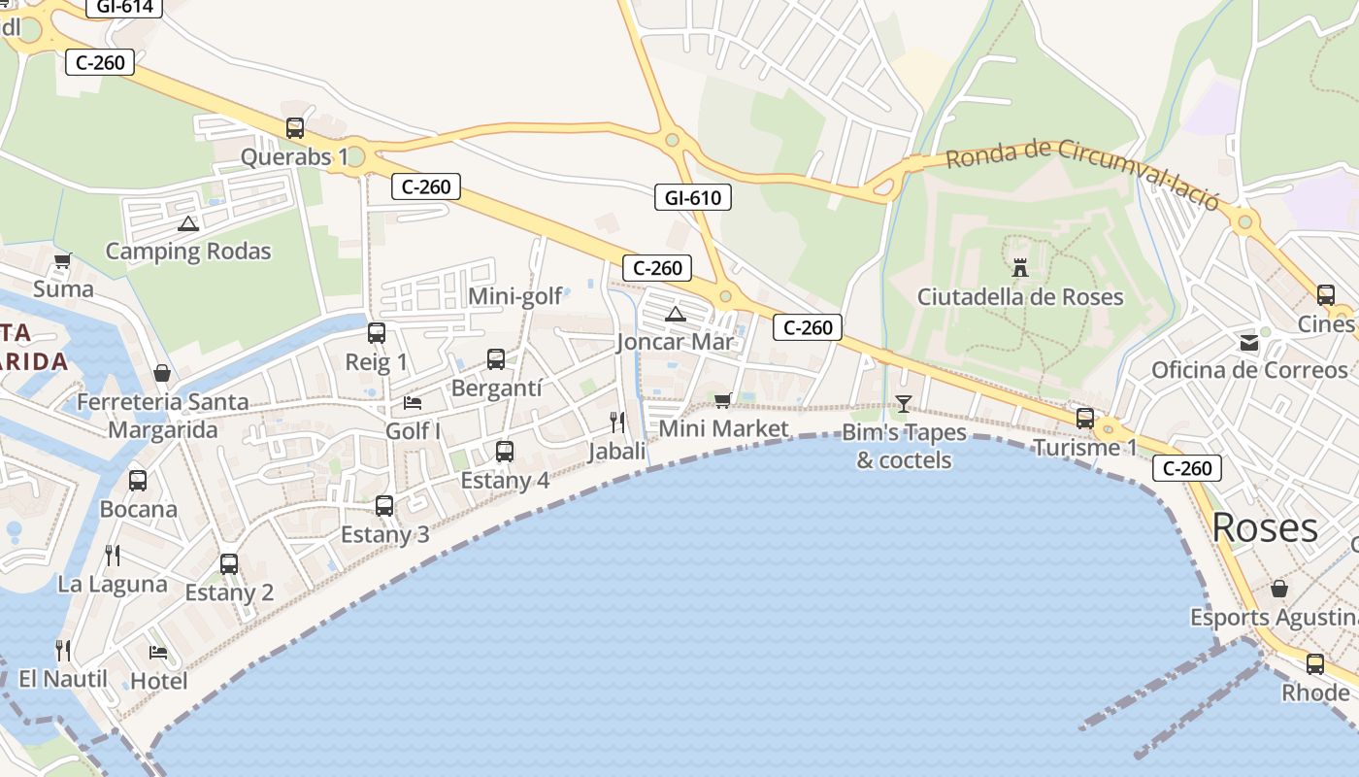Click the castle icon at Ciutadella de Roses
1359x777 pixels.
tap(1019, 267)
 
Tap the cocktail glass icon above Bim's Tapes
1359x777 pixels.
tap(904, 403)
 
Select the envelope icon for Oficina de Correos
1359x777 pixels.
tap(1248, 342)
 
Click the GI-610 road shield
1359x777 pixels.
tap(692, 198)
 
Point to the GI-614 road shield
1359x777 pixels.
tap(124, 8)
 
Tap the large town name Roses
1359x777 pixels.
tap(1265, 527)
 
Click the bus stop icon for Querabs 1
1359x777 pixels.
tap(295, 127)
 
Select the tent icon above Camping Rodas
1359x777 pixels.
tap(188, 223)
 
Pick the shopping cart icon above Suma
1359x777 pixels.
tap(63, 260)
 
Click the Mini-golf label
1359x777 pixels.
tap(514, 296)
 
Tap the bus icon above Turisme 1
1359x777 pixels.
tap(1085, 419)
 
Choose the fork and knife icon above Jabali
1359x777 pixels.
tap(616, 422)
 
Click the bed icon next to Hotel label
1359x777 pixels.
tap(158, 652)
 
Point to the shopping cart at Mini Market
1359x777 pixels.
tap(722, 400)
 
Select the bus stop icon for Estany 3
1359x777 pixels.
tap(384, 505)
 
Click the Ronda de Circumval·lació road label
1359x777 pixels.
tap(1082, 171)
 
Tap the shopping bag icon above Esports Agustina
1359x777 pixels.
tap(1279, 589)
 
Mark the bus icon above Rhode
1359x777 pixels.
tap(1314, 664)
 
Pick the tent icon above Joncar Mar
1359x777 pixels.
tap(676, 314)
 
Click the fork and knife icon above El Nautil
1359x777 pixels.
tap(63, 649)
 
